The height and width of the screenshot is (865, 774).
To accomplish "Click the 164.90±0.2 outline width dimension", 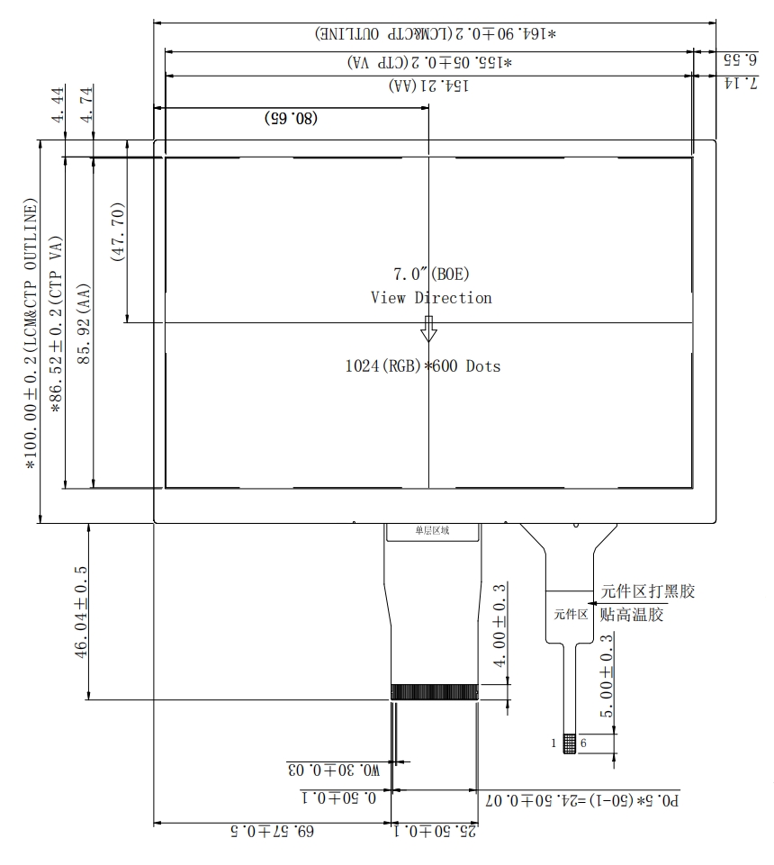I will coord(436,34).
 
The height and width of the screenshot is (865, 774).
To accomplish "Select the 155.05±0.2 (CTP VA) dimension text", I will coord(430,62).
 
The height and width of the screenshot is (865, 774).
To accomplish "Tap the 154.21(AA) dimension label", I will coord(429,86).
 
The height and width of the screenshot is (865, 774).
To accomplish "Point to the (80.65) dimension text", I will coord(291,118).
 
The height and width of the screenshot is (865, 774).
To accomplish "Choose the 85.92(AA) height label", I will coord(85,320).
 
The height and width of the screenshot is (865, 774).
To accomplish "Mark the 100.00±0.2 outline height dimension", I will coord(31,333).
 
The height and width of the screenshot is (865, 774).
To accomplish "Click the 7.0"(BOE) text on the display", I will coord(431,274).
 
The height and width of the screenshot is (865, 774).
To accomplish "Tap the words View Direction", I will coord(431,298).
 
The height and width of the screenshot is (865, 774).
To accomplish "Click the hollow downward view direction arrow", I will coord(429,329).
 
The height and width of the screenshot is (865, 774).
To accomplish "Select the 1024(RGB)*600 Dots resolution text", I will coord(422,366).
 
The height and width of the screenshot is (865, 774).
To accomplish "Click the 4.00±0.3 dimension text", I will coord(500,625).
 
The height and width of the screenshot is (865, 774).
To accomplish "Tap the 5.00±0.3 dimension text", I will coord(607,676).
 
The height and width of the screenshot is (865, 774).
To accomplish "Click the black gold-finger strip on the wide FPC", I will coord(434,691).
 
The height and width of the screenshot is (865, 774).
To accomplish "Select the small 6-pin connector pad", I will coord(569,744).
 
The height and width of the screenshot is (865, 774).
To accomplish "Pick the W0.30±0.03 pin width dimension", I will coord(333,770).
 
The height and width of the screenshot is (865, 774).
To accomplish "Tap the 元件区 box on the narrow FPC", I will coord(570,616).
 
